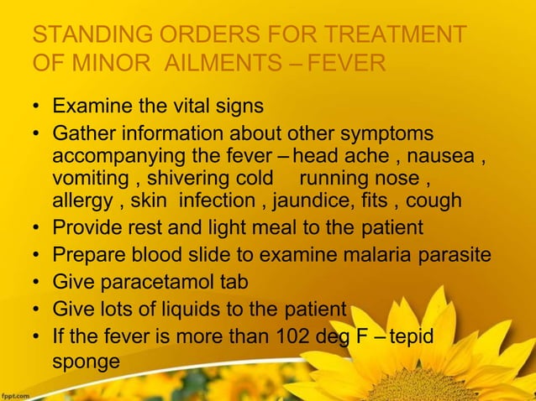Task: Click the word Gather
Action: [x=81, y=134]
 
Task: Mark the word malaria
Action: [x=381, y=254]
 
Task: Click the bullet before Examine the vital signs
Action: [x=37, y=108]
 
